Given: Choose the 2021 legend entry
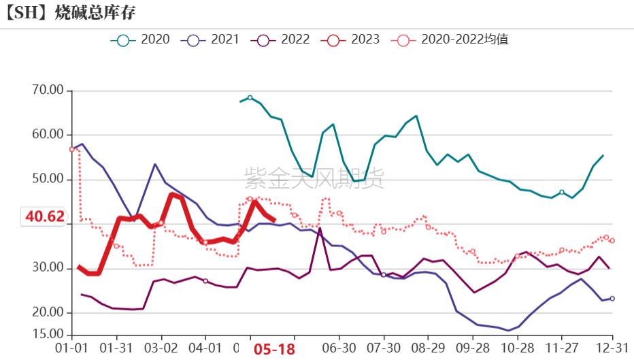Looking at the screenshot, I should click(x=210, y=40).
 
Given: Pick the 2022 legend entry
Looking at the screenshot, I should click(x=280, y=40).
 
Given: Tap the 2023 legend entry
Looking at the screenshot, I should click(x=350, y=40).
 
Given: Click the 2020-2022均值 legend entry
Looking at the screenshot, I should click(x=450, y=40).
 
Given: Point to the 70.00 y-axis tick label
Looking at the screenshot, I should click(x=47, y=90).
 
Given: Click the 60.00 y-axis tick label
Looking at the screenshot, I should click(x=47, y=135).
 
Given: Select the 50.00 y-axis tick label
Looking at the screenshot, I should click(x=47, y=179).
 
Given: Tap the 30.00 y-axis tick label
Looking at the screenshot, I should click(x=47, y=268).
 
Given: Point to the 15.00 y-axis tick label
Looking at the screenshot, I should click(x=47, y=334).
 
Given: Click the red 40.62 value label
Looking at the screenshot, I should click(x=45, y=217).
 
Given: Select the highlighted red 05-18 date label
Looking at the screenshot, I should click(x=274, y=349).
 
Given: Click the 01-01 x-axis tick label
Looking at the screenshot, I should click(x=71, y=348).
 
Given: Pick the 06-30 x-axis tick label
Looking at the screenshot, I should click(x=339, y=348).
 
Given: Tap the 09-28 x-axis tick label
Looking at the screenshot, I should click(x=473, y=348).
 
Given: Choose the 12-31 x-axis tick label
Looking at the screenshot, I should click(x=612, y=348).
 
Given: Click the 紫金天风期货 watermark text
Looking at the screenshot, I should click(x=314, y=178).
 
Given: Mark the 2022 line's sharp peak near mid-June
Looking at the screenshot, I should click(x=320, y=229).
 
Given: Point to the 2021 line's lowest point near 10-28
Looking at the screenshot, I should click(x=508, y=331).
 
